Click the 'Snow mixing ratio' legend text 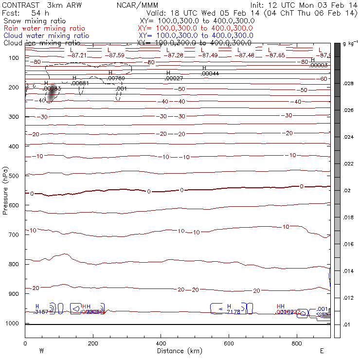pos(31,21)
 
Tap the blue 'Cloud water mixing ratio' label pos(46,36)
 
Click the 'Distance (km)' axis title pos(178,351)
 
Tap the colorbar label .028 pos(349,84)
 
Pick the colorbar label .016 pos(349,245)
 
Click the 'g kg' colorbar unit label pos(349,44)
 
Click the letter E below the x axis pos(322,351)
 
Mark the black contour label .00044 pos(210,73)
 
